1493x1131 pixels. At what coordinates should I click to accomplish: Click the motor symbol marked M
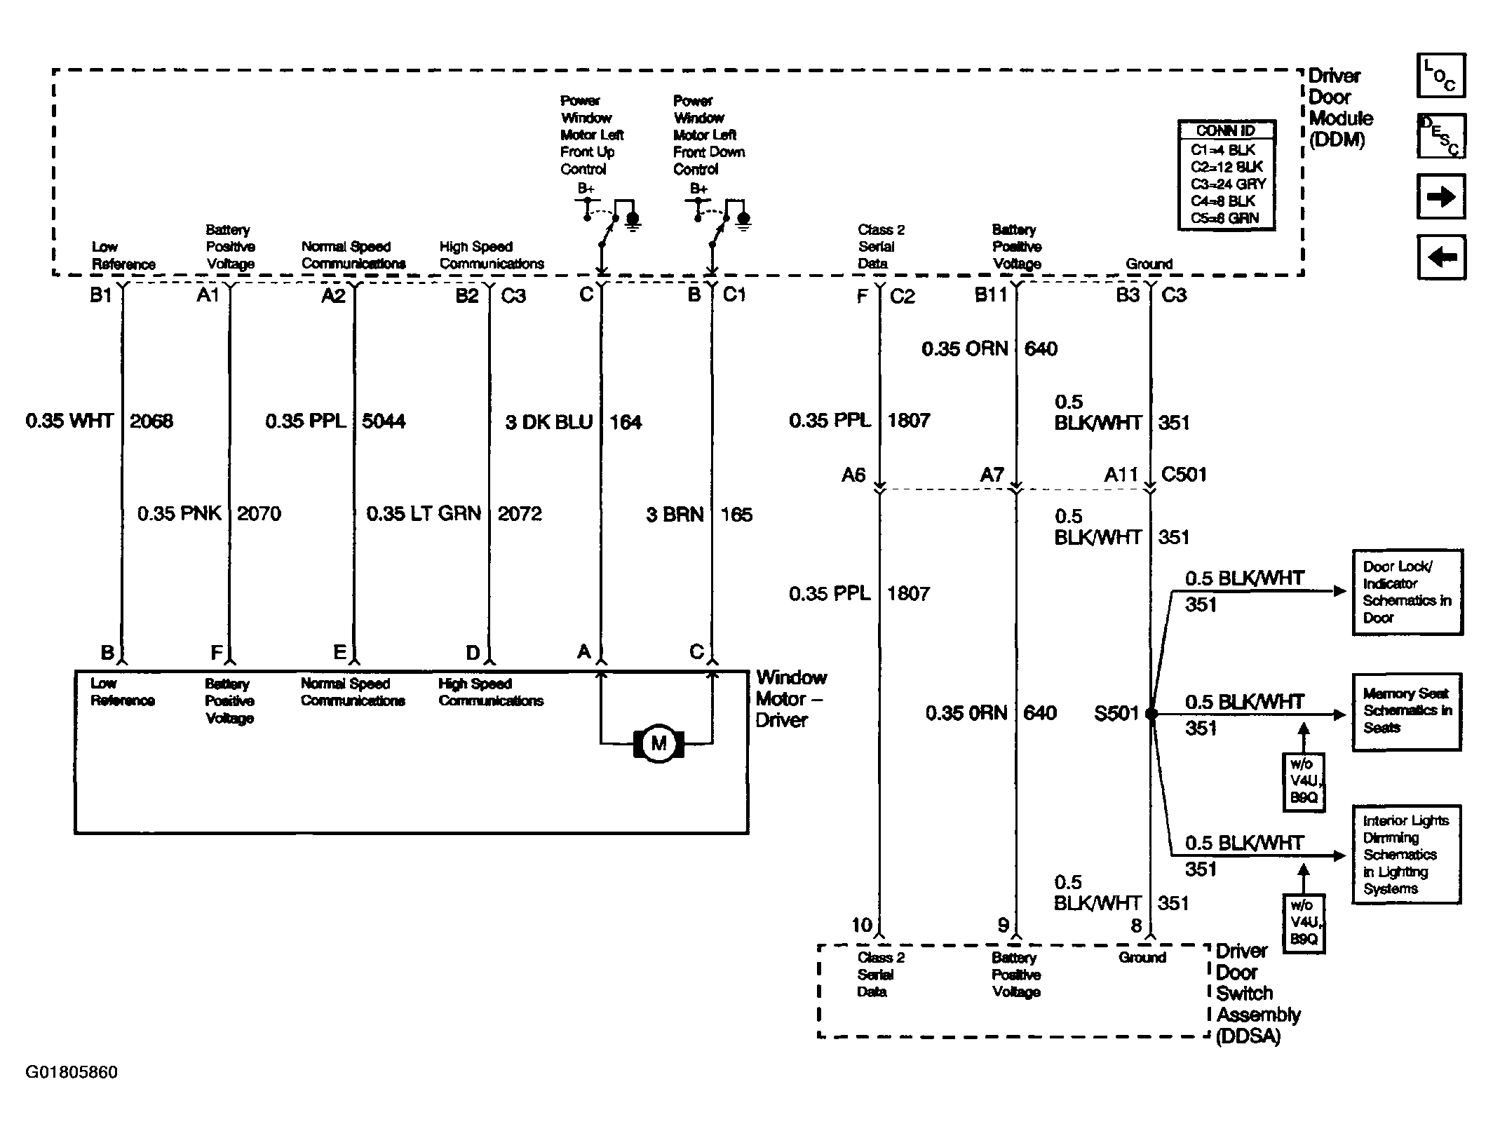(658, 743)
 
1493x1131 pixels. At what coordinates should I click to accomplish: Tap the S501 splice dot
(1151, 714)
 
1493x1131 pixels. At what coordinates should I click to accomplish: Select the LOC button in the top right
(1441, 76)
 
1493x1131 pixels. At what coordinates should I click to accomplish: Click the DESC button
(1441, 136)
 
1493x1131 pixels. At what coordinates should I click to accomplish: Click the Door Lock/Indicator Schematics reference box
(1407, 592)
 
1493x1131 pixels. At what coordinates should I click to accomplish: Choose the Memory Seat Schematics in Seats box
(1407, 712)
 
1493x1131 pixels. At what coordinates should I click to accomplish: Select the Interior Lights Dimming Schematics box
(1407, 855)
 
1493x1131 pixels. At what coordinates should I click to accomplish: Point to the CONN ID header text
(1225, 130)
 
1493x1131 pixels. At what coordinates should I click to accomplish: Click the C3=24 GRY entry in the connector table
(1228, 184)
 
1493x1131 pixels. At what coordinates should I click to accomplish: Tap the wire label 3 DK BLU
(549, 422)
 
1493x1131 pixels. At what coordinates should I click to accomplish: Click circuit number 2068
(151, 421)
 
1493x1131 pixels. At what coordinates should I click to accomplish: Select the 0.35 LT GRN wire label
(424, 514)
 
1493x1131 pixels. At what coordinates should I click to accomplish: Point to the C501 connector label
(1184, 475)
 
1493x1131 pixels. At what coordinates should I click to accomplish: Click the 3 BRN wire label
(675, 515)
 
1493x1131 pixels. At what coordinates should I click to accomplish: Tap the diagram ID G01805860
(72, 1072)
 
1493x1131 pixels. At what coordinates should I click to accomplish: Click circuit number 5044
(384, 421)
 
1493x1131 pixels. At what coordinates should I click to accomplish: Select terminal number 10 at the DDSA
(861, 925)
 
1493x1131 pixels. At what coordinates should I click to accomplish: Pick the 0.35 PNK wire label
(180, 514)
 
